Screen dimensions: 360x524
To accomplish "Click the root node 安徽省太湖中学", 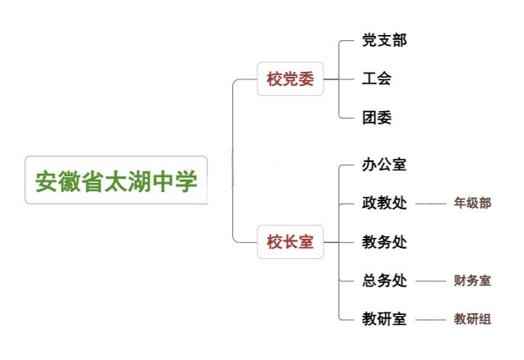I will click(116, 180).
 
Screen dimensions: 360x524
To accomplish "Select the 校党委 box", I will click(289, 79).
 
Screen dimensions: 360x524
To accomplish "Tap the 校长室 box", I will click(289, 242).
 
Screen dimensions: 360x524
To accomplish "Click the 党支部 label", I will click(384, 40).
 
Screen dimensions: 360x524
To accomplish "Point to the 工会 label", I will click(377, 79).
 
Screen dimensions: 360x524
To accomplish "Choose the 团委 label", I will click(377, 118).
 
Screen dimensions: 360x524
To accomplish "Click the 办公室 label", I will click(384, 165).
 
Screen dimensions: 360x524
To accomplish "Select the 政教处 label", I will click(384, 203).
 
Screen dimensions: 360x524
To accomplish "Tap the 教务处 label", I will click(384, 242).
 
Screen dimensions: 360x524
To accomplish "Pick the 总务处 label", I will click(384, 281).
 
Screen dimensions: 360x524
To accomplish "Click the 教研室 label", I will click(384, 318).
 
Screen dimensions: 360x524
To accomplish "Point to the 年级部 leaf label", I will click(472, 203).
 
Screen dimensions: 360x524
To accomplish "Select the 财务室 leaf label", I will click(472, 281).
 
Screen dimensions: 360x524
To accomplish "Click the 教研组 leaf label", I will click(472, 318).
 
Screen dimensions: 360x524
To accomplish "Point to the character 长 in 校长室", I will click(289, 242).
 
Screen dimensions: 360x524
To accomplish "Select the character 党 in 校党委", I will click(289, 79).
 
